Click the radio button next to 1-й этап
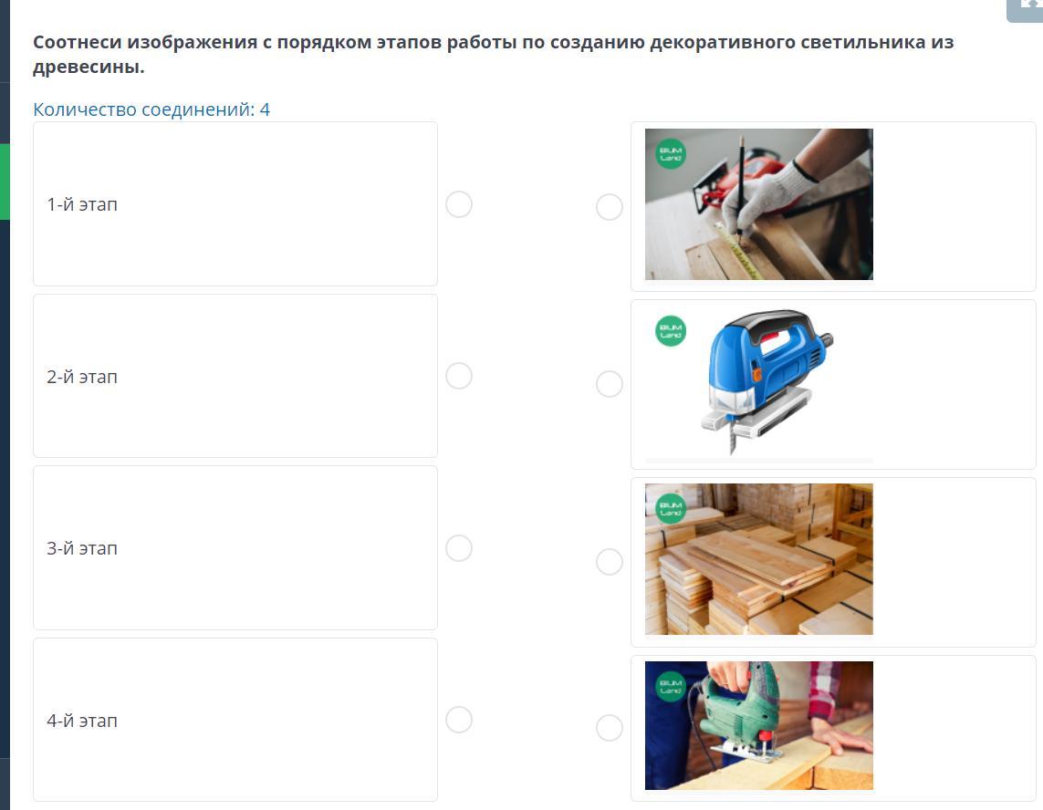pyautogui.click(x=459, y=204)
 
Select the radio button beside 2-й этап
pyautogui.click(x=459, y=376)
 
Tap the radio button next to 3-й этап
pyautogui.click(x=459, y=548)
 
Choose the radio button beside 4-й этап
pyautogui.click(x=459, y=720)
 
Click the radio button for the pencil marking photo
pyautogui.click(x=610, y=207)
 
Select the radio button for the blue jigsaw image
pyautogui.click(x=610, y=384)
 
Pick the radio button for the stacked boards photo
pyautogui.click(x=610, y=562)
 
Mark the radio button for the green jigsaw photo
pyautogui.click(x=610, y=728)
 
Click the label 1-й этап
pyautogui.click(x=82, y=204)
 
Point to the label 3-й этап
pyautogui.click(x=82, y=548)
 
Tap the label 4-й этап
pyautogui.click(x=82, y=721)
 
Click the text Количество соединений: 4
pyautogui.click(x=151, y=109)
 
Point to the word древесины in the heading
pyautogui.click(x=89, y=67)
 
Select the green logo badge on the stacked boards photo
pyautogui.click(x=671, y=509)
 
